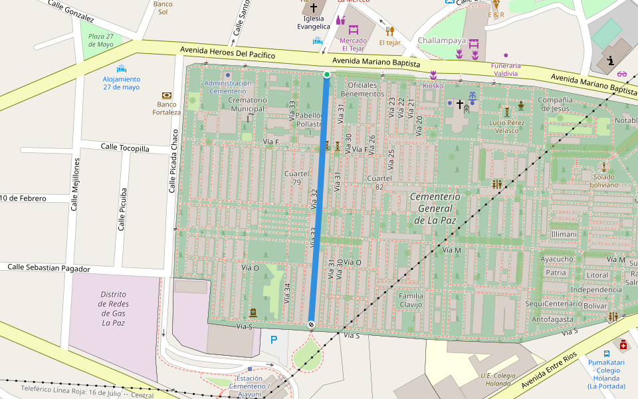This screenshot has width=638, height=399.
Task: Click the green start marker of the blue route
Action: tap(326, 74)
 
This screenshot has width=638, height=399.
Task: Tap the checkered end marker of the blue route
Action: tap(311, 324)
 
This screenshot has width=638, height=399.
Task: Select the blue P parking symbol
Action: tap(274, 340)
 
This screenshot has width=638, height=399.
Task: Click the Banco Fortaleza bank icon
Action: tap(166, 95)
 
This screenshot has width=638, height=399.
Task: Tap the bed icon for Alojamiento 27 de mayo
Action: tap(121, 68)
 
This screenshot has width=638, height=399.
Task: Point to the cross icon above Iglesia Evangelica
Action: tap(314, 8)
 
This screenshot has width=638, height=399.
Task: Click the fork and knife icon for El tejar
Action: tap(390, 31)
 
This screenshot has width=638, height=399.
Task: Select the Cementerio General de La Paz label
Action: tap(435, 208)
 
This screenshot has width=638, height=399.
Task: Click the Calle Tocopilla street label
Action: tap(125, 147)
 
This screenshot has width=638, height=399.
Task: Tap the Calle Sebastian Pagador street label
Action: tap(49, 267)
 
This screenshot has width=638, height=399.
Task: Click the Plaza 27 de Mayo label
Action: tap(101, 40)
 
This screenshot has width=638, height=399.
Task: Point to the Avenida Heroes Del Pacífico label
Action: tap(228, 53)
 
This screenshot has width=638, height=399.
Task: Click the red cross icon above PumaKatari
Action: tap(623, 344)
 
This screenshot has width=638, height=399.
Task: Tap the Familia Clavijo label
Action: tap(411, 300)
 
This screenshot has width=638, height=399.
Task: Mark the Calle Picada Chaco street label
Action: tap(173, 160)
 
